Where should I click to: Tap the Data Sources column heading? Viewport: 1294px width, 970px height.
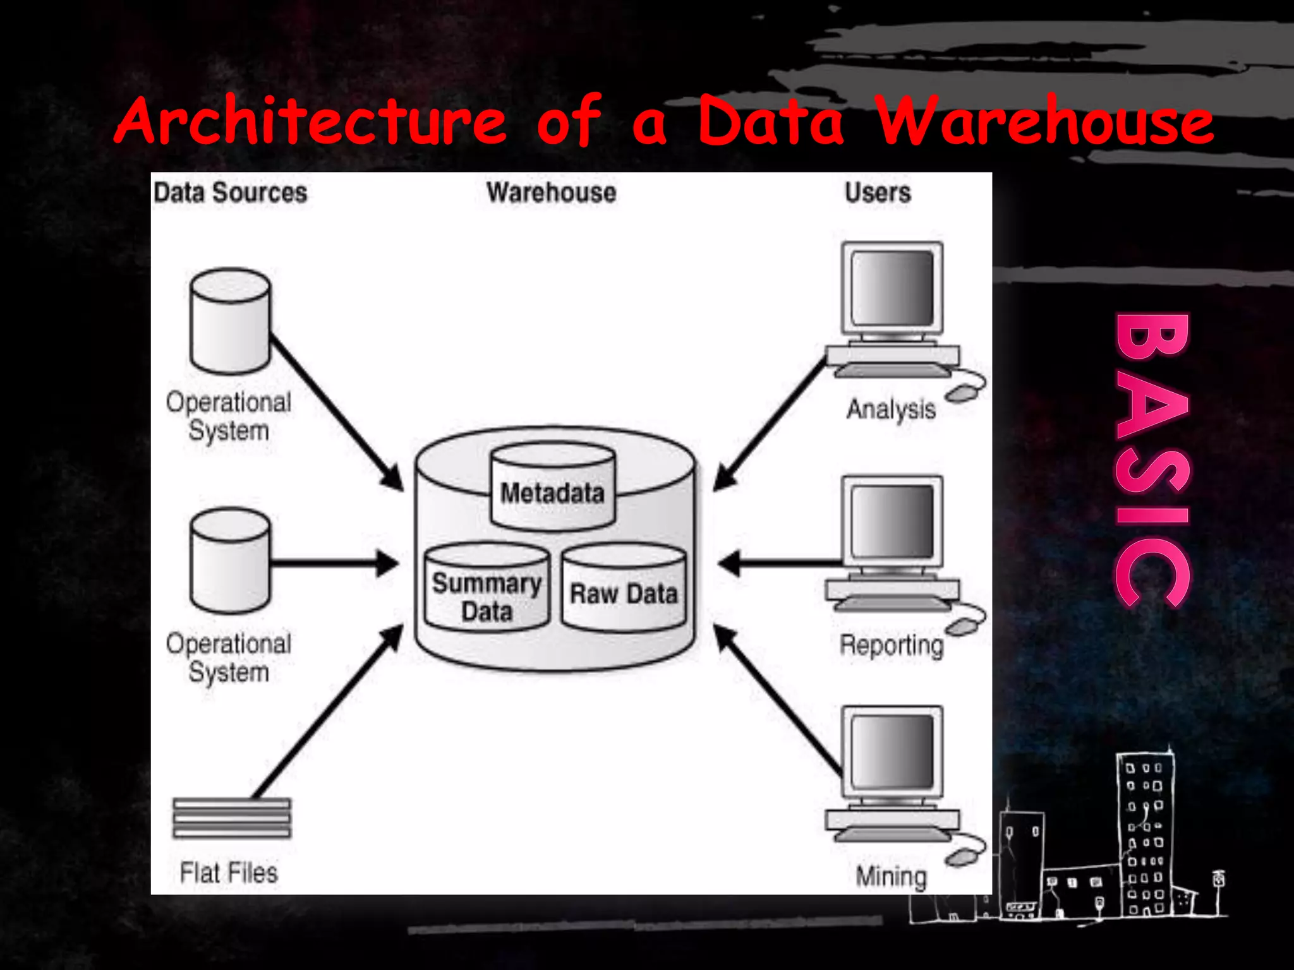pos(230,193)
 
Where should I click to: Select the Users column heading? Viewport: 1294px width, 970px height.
pos(878,193)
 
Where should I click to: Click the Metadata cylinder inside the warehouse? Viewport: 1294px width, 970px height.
pos(552,489)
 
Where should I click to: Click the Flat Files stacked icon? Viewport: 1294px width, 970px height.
pos(232,818)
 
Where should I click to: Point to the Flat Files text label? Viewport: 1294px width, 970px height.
pos(229,873)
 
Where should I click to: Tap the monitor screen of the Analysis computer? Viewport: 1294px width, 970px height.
pos(892,288)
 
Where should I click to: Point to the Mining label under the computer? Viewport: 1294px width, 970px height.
pos(891,877)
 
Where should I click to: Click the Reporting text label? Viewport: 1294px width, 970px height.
pos(891,645)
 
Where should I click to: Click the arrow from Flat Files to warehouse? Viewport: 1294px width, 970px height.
pos(329,710)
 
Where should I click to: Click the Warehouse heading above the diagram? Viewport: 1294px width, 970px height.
pos(551,193)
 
